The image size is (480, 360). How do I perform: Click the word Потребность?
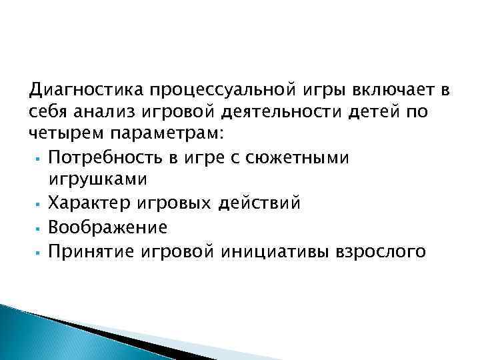(x=110, y=157)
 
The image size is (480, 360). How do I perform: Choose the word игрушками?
(x=94, y=180)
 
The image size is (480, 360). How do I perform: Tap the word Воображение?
(x=108, y=227)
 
